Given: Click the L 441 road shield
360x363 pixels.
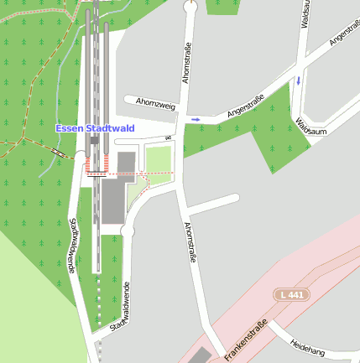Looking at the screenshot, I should coord(290,294).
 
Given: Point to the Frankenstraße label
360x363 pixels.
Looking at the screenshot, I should coord(246,340).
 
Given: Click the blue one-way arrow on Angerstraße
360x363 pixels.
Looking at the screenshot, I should coord(196,120).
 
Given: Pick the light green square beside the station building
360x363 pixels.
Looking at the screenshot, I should coord(158,159).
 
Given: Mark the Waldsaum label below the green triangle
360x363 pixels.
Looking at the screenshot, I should coord(310,127).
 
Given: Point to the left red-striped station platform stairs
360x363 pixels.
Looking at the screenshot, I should coord(89,163).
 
